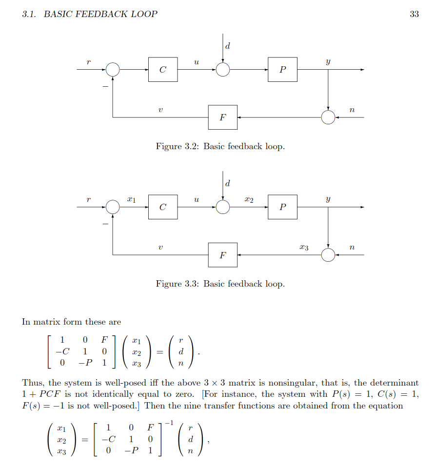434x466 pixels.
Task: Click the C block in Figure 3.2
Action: tap(163, 70)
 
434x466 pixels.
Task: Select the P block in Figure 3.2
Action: tap(282, 70)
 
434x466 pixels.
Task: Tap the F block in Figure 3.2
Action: tap(223, 117)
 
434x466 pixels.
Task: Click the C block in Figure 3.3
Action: tap(163, 207)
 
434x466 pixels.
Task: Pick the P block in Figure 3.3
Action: tap(282, 207)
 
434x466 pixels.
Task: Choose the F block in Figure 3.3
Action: tap(223, 255)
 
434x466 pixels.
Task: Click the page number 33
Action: tap(414, 14)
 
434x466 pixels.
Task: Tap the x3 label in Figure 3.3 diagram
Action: tap(304, 248)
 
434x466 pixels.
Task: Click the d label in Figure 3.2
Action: tap(228, 46)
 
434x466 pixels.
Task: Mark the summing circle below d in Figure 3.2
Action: tap(223, 70)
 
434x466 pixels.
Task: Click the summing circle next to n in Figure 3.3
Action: tap(328, 255)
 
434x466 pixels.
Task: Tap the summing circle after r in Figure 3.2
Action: tap(113, 70)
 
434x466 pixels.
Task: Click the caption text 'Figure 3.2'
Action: tap(177, 146)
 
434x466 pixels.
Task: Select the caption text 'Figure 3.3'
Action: tap(177, 284)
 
